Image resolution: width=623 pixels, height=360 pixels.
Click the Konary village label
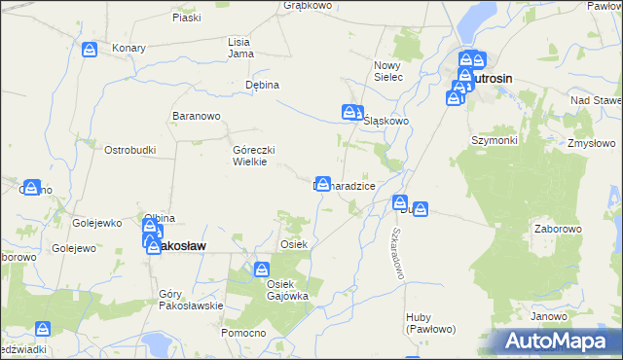coord(128,48)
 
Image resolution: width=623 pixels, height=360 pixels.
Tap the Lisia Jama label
coord(239,48)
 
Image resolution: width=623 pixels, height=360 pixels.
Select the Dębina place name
coord(262,85)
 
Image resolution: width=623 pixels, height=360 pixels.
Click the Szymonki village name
coord(495,140)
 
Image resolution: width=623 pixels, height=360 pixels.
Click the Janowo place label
coord(549,317)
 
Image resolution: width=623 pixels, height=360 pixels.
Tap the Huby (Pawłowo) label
coord(428,323)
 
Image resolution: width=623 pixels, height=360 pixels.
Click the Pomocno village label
coord(243,333)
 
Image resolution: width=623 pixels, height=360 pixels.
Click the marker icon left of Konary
coord(91,50)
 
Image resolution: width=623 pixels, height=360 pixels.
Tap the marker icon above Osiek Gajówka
coord(262,269)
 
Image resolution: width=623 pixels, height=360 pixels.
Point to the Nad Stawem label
coord(596,101)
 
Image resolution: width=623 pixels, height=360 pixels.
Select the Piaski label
coord(186,18)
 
